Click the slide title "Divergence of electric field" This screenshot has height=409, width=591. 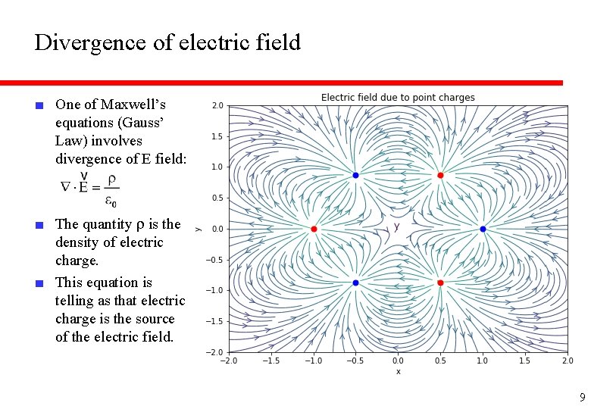[x=167, y=42]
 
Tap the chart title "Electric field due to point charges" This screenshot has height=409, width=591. [x=398, y=97]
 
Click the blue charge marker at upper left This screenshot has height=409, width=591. [x=356, y=175]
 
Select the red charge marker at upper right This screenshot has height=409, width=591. [x=440, y=175]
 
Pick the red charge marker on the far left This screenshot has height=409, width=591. [x=314, y=229]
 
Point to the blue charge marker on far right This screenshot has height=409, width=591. [x=483, y=229]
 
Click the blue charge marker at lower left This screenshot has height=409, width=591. [x=356, y=283]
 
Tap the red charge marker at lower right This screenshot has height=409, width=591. [x=440, y=283]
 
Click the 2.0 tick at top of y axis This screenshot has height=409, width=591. [x=217, y=105]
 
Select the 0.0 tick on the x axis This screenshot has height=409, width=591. [x=398, y=361]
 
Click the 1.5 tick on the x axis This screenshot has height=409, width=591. [x=525, y=361]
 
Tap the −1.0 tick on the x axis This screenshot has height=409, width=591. [x=311, y=361]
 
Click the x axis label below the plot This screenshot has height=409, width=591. [x=398, y=371]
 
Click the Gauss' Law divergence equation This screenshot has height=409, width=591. [x=89, y=187]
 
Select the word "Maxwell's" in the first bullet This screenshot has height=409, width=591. [x=133, y=104]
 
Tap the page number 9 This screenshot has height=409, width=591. [x=582, y=397]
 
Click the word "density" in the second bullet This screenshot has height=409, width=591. [x=77, y=242]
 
